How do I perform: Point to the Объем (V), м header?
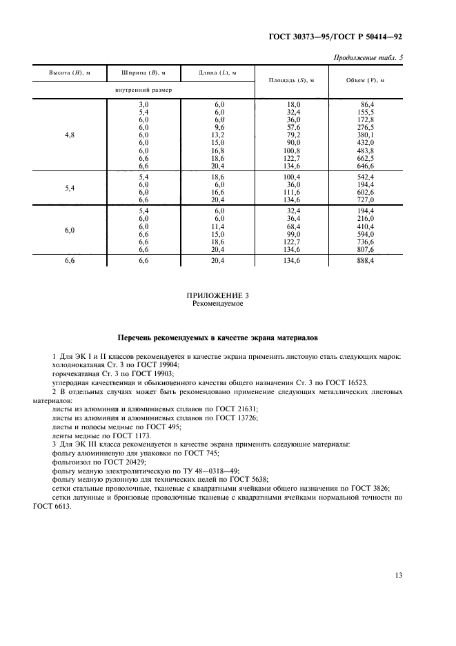tap(366, 81)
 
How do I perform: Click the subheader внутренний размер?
tap(143, 90)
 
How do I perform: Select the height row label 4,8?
tap(69, 135)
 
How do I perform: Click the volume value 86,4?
tap(366, 104)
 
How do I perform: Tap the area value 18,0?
tap(294, 104)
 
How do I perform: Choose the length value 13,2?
tap(219, 135)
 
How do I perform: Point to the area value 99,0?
tap(294, 234)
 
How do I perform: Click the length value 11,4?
tap(219, 226)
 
